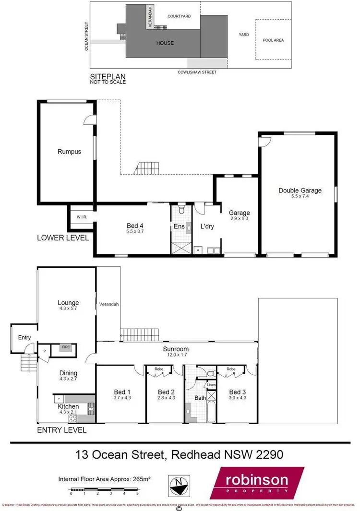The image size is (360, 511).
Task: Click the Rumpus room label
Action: pos(69,152)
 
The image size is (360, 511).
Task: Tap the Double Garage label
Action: pos(300,190)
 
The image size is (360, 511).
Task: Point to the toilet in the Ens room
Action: pos(181,210)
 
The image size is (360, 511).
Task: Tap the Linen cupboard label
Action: pos(210,385)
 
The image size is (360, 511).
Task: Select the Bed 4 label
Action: pos(135,226)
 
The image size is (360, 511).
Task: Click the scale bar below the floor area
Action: pos(104,490)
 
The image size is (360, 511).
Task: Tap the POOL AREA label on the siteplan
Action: pos(273,40)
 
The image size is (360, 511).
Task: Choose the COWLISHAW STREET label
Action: pos(197,72)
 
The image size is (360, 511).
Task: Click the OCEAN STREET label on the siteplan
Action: pos(87,36)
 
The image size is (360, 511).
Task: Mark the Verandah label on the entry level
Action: pos(108,304)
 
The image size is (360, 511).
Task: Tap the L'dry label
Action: pos(207,226)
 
